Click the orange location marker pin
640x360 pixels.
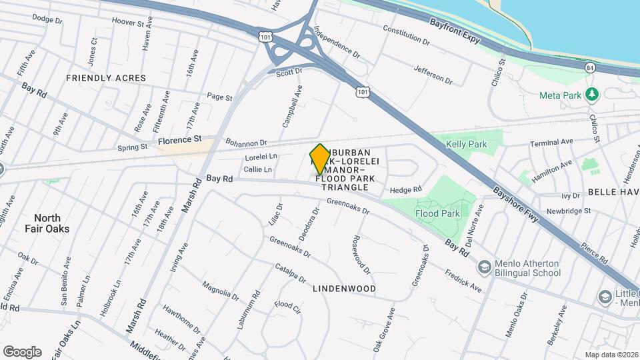click(320, 159)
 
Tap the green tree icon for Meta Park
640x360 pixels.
click(591, 94)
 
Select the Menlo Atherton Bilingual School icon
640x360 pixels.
click(484, 267)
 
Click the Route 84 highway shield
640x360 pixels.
click(589, 68)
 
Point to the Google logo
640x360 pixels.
click(22, 351)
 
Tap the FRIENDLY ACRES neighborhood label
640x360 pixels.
click(106, 78)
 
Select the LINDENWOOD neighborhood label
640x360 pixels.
click(344, 289)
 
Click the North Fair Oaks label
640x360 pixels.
click(47, 223)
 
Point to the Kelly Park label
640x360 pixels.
click(467, 145)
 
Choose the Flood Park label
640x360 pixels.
click(437, 214)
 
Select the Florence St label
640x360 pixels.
click(179, 140)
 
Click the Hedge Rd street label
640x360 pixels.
click(406, 190)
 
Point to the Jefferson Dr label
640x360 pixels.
click(433, 74)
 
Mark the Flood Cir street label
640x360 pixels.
click(287, 306)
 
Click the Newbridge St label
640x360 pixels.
click(568, 211)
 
